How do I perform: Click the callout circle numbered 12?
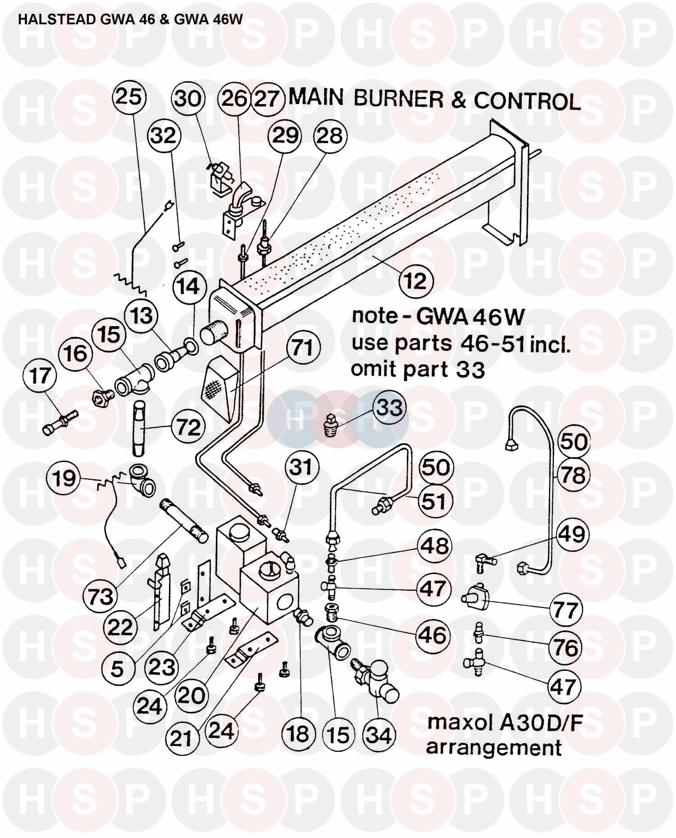[416, 281]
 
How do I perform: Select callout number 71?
[302, 348]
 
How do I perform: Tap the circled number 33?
[389, 408]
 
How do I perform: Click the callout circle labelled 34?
[379, 735]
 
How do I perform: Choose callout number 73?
[100, 597]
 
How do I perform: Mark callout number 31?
[301, 467]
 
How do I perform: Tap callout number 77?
[566, 610]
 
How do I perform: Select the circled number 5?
[117, 668]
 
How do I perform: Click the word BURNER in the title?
[398, 99]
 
